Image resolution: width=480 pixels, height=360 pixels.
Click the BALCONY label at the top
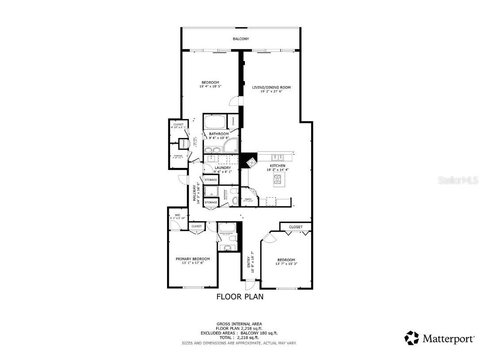241,39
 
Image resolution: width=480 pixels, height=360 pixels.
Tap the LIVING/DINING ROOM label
271,88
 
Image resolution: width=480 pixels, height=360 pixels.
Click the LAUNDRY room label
223,168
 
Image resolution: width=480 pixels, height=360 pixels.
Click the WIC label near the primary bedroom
177,215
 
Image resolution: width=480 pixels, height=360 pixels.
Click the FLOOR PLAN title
240,297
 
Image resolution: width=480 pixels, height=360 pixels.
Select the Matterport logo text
449,339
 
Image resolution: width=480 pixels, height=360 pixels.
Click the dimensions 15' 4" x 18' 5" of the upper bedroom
210,87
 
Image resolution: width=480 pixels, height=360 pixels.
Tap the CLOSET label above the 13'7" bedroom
296,227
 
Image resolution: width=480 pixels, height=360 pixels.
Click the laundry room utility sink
211,158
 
